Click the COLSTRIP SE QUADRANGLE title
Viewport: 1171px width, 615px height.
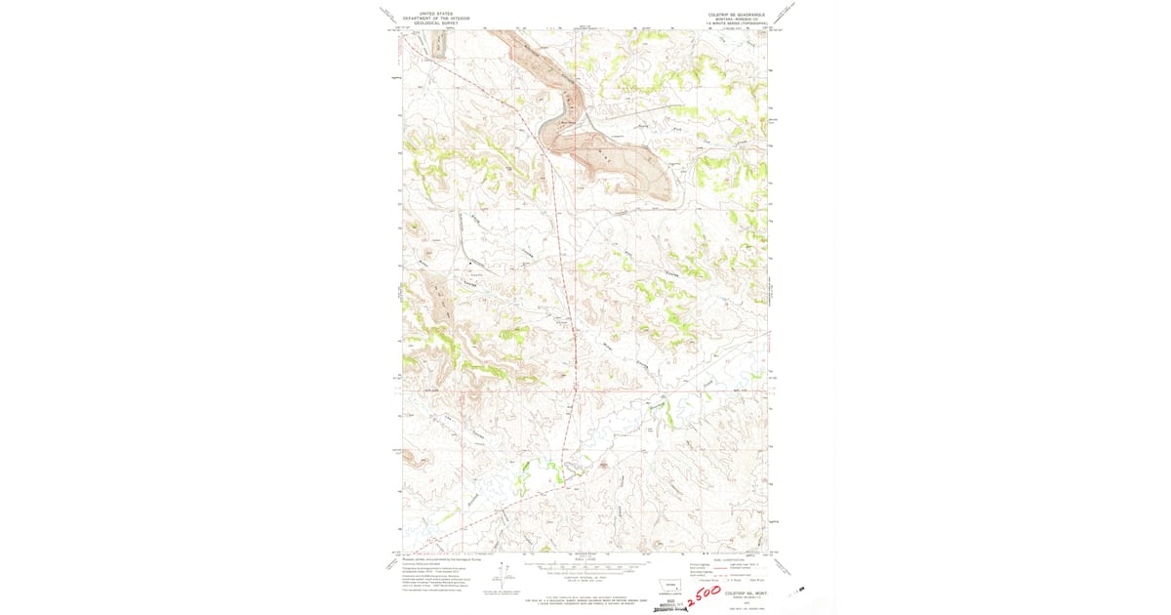pyautogui.click(x=737, y=15)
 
